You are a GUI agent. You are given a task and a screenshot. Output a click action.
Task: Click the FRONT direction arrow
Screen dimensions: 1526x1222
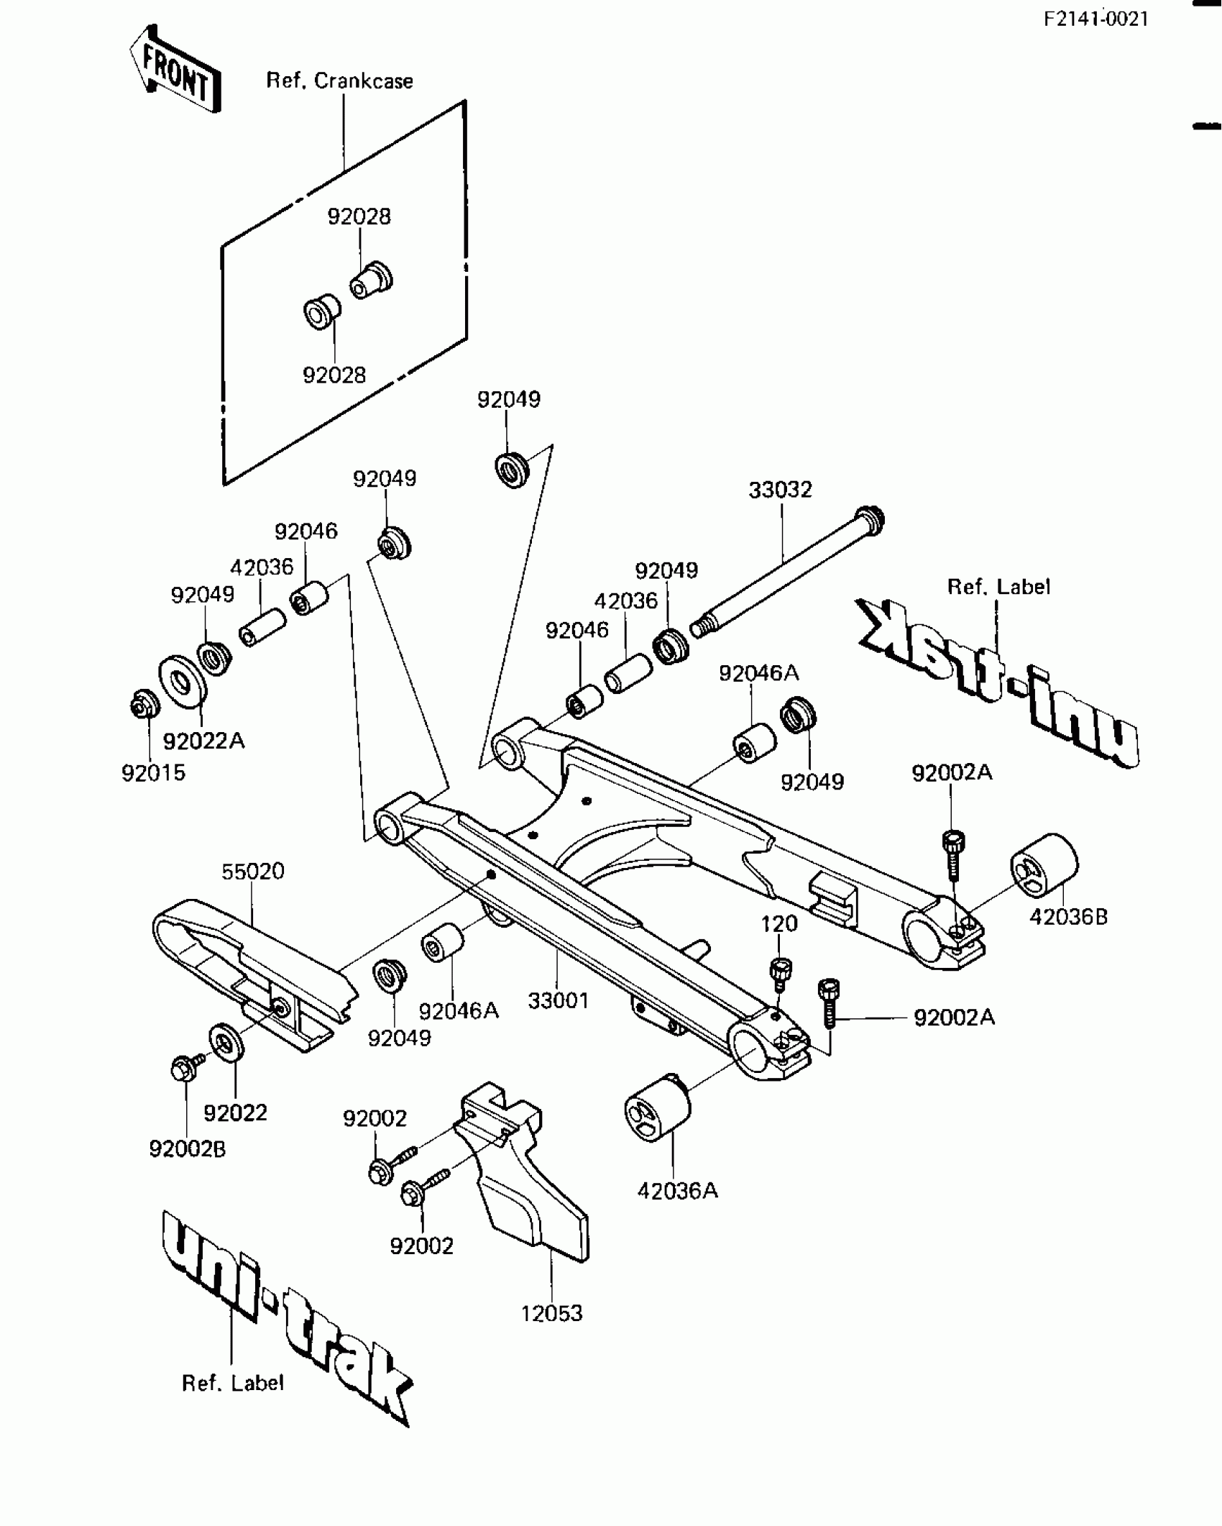(x=175, y=70)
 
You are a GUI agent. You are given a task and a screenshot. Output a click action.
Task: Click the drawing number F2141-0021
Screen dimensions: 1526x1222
(x=1096, y=19)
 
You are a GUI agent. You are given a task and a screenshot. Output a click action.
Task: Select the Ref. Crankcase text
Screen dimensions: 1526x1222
(x=339, y=81)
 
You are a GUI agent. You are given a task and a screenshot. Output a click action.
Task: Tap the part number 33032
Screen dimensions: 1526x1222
(x=780, y=490)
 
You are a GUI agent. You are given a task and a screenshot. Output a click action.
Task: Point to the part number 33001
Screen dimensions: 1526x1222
(x=559, y=1000)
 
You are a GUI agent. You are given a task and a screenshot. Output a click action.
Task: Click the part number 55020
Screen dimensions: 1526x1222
(x=252, y=871)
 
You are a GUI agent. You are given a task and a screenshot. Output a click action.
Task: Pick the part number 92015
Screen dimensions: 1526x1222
(x=153, y=773)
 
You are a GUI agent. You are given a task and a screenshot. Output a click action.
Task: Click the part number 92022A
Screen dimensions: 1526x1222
(x=203, y=741)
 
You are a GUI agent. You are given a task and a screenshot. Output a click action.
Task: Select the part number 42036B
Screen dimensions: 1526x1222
(x=1069, y=917)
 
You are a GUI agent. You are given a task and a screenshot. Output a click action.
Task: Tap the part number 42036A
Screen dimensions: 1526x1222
(x=677, y=1191)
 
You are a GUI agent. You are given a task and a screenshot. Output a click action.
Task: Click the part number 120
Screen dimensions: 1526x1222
(x=779, y=924)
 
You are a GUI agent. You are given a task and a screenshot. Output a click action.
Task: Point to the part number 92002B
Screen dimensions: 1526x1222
(x=187, y=1149)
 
